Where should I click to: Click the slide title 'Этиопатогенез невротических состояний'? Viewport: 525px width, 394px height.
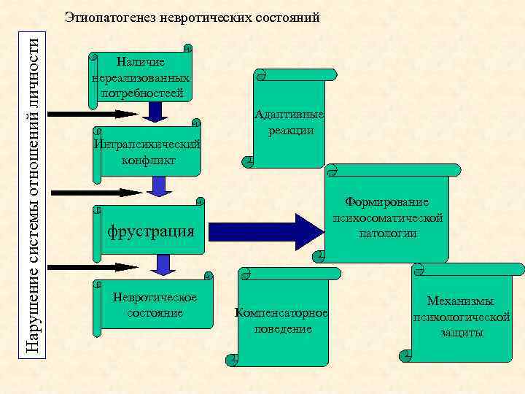[x=192, y=18]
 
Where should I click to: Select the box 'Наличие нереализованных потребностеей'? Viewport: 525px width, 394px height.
[x=142, y=77]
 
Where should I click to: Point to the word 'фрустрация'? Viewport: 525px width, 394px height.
[x=151, y=231]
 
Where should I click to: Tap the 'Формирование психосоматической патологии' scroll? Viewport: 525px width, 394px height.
[x=387, y=217]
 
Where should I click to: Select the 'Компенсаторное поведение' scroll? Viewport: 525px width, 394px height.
[x=283, y=320]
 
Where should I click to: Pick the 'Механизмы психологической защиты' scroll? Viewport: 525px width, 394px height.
[x=461, y=317]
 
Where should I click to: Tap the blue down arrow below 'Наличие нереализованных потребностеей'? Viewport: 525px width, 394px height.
[x=154, y=111]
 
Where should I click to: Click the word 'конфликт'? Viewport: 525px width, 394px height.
[x=148, y=160]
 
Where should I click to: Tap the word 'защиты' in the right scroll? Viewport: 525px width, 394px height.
[x=461, y=332]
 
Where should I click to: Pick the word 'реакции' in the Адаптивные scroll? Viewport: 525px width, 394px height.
[x=290, y=131]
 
